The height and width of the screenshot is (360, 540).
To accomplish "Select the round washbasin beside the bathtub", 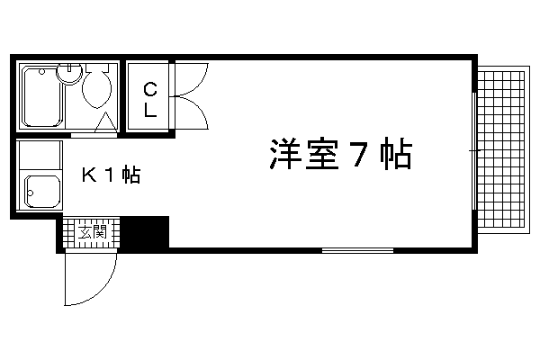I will (68, 75).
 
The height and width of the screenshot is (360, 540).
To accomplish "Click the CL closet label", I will (150, 98).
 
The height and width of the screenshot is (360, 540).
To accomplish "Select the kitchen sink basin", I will (40, 190).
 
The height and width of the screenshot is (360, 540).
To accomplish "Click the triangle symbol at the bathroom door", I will (105, 122).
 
